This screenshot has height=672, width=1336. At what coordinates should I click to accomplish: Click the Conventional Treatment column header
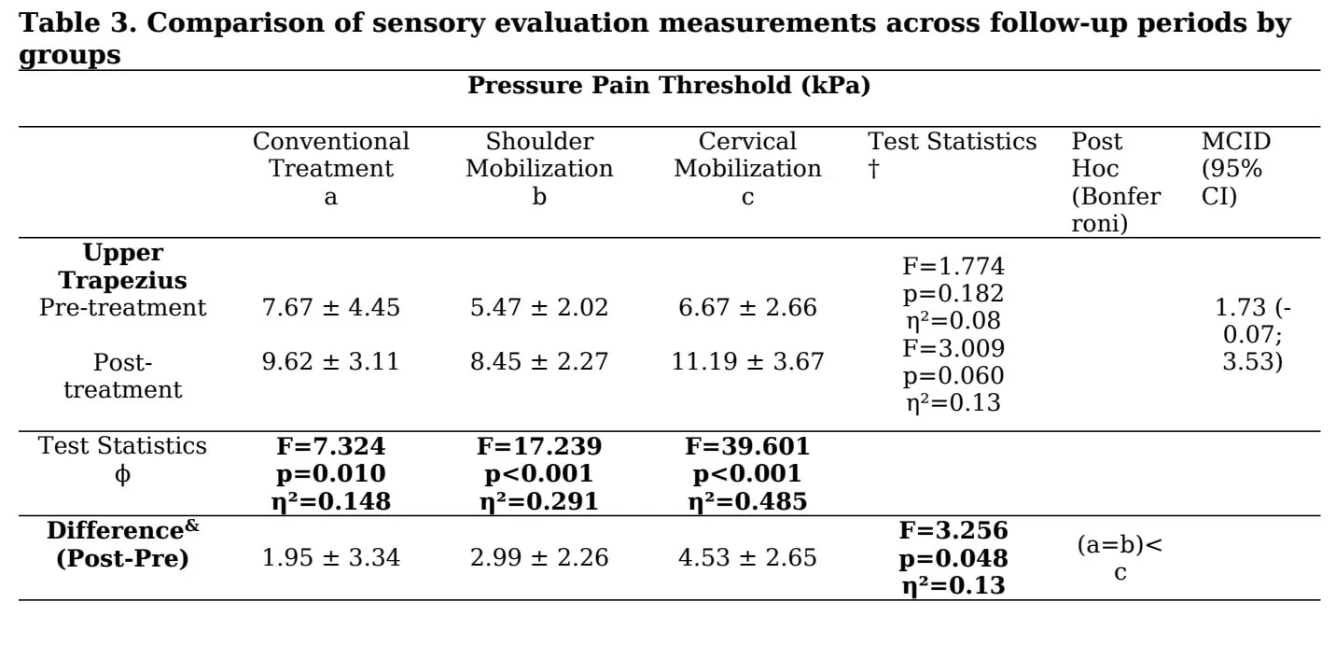pyautogui.click(x=331, y=168)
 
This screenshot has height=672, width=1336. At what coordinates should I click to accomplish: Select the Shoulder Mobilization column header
pyautogui.click(x=539, y=168)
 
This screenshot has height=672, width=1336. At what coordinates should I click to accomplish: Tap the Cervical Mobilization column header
pyautogui.click(x=747, y=168)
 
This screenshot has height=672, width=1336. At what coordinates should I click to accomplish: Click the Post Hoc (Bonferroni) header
pyautogui.click(x=1116, y=182)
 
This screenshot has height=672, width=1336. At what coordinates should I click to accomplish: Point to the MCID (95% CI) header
pyautogui.click(x=1236, y=168)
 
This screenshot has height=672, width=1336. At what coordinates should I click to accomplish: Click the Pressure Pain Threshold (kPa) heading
pyautogui.click(x=669, y=85)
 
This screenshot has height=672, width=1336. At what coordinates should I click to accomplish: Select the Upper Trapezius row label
pyautogui.click(x=122, y=266)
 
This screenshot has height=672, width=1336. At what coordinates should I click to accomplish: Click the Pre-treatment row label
pyautogui.click(x=122, y=307)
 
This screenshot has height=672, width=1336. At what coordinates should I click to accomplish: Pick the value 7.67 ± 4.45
pyautogui.click(x=331, y=307)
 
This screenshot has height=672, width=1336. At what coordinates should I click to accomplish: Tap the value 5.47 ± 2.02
pyautogui.click(x=539, y=307)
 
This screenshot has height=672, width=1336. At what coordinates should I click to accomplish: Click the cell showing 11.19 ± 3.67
pyautogui.click(x=747, y=361)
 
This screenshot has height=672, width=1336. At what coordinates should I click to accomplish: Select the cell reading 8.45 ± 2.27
pyautogui.click(x=539, y=361)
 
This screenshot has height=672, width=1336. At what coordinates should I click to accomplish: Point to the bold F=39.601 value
pyautogui.click(x=747, y=446)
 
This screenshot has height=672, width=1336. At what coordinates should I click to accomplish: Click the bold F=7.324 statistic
pyautogui.click(x=331, y=446)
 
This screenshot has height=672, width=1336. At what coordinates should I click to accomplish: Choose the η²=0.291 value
pyautogui.click(x=539, y=501)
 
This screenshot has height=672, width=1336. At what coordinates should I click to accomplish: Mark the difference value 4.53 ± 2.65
pyautogui.click(x=747, y=557)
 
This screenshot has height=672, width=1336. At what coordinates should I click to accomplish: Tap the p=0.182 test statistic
pyautogui.click(x=953, y=294)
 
